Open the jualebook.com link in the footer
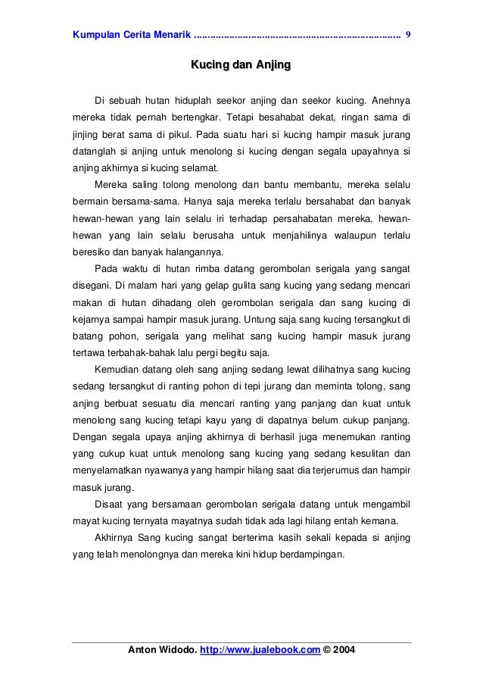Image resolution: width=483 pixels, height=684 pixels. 260,650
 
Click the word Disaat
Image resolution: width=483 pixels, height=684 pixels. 108,503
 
